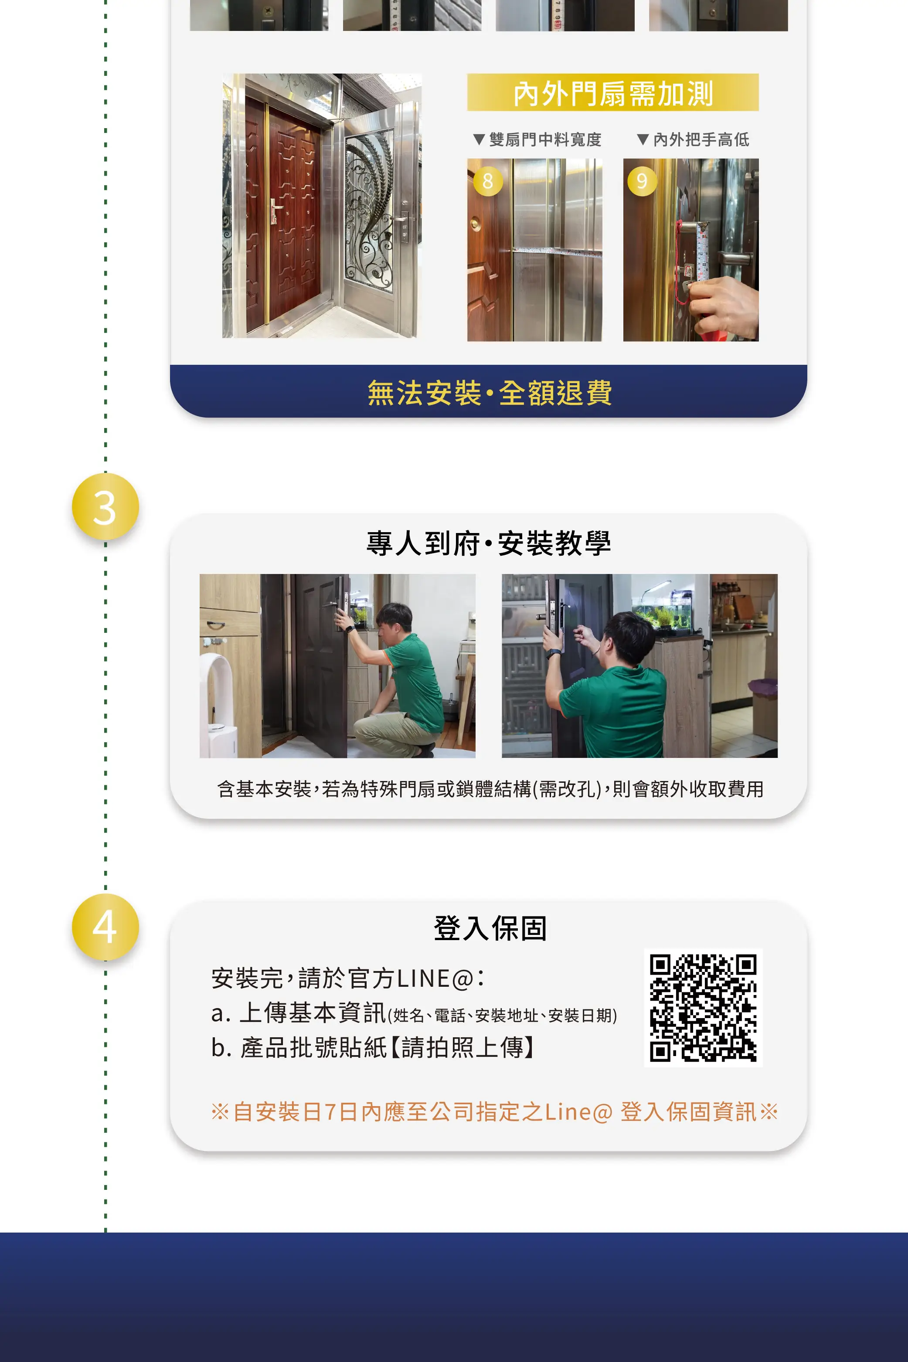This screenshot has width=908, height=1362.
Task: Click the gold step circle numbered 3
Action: pos(105,506)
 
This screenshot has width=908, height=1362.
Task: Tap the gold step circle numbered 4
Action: pos(105,927)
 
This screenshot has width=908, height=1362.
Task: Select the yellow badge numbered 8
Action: pos(488,181)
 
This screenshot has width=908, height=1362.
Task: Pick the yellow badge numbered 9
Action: pos(642,181)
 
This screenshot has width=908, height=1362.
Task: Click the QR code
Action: pos(703,1008)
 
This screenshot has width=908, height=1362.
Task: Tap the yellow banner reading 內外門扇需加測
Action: pos(612,92)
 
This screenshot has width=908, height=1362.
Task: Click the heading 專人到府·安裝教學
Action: pos(489,543)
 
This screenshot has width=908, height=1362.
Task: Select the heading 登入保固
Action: pos(490,928)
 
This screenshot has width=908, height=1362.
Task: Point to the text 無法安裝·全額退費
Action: pos(490,393)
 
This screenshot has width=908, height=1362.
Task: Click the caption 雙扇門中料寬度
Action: pos(537,139)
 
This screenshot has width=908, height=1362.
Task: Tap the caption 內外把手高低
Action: pos(693,139)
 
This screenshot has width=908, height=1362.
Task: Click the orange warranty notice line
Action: pos(494,1112)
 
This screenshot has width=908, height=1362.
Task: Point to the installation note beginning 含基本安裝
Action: pos(490,789)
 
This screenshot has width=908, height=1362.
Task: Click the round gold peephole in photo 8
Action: pos(475,223)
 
